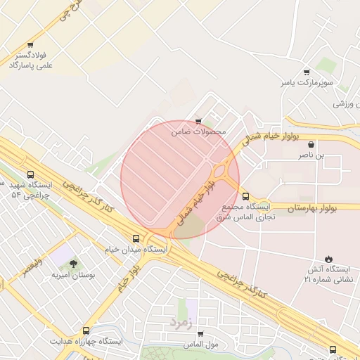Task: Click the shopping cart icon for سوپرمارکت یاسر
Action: (x=306, y=72)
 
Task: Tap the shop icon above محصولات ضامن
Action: (x=198, y=122)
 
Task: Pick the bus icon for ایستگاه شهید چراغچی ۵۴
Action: (x=30, y=174)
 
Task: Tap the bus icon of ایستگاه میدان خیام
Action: (x=137, y=239)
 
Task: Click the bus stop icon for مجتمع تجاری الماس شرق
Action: (x=245, y=197)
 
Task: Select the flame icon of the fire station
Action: (x=328, y=259)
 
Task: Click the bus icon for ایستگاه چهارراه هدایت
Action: (x=86, y=330)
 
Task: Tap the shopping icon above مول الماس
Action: (x=199, y=334)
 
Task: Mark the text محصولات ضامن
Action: (x=198, y=131)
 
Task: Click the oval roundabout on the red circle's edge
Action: (x=224, y=171)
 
